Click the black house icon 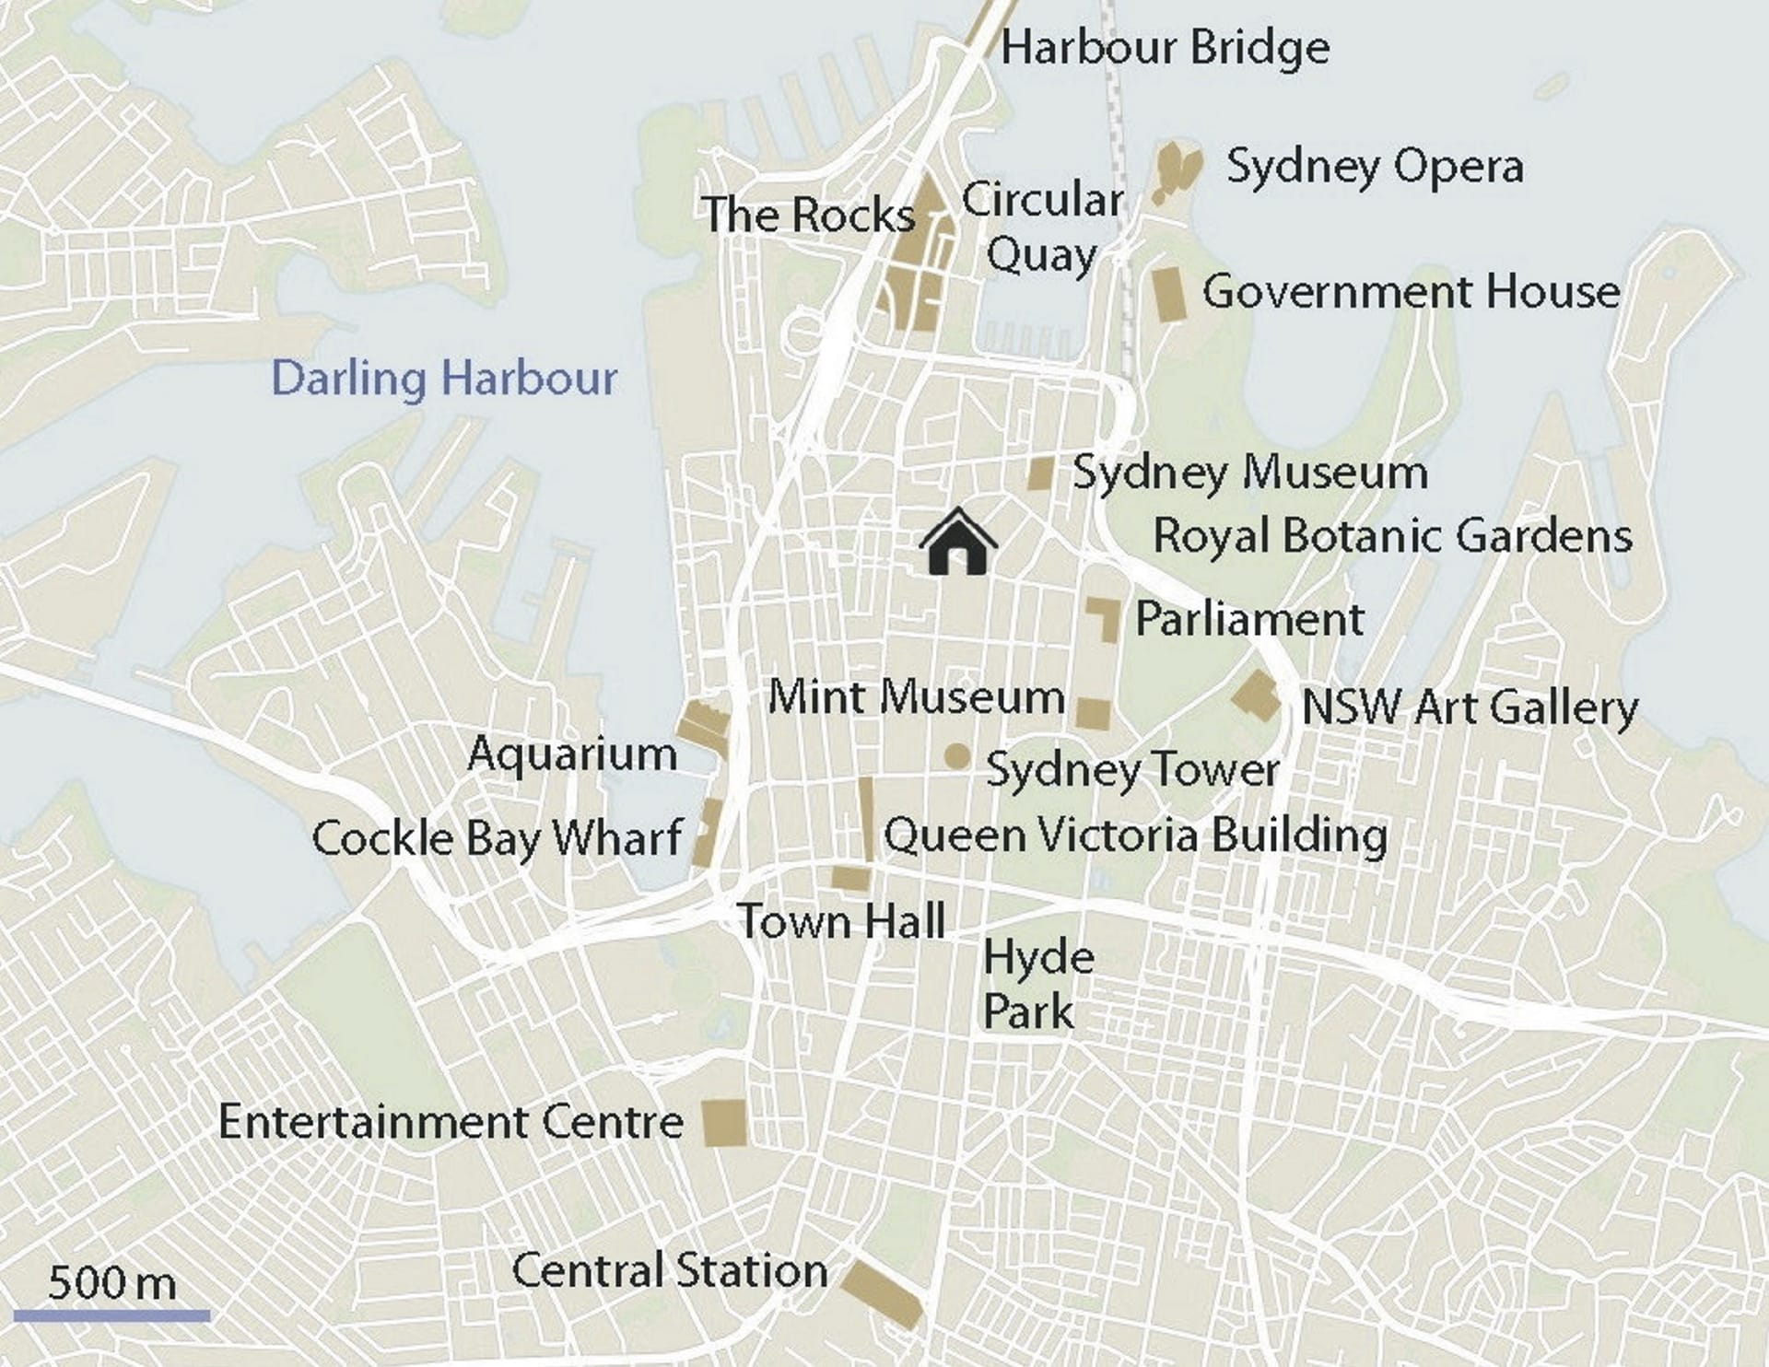click(958, 543)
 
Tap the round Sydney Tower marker click(957, 757)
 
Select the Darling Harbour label click(444, 379)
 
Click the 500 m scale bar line click(111, 1316)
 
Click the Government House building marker click(1169, 295)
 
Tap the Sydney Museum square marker click(1040, 473)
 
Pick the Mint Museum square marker click(1094, 714)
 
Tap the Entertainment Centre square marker click(724, 1123)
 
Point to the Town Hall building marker click(850, 878)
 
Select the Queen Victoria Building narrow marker click(866, 819)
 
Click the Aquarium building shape click(704, 725)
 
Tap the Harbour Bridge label click(1165, 48)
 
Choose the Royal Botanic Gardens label click(1392, 536)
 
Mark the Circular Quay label click(1042, 227)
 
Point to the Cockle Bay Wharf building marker click(708, 833)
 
